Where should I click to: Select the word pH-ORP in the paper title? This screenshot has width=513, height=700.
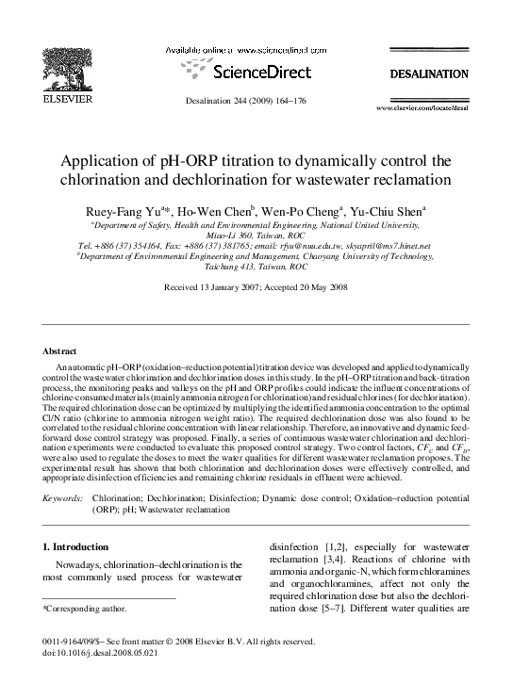pos(197,158)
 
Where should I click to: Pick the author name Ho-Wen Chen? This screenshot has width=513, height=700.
pos(210,212)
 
